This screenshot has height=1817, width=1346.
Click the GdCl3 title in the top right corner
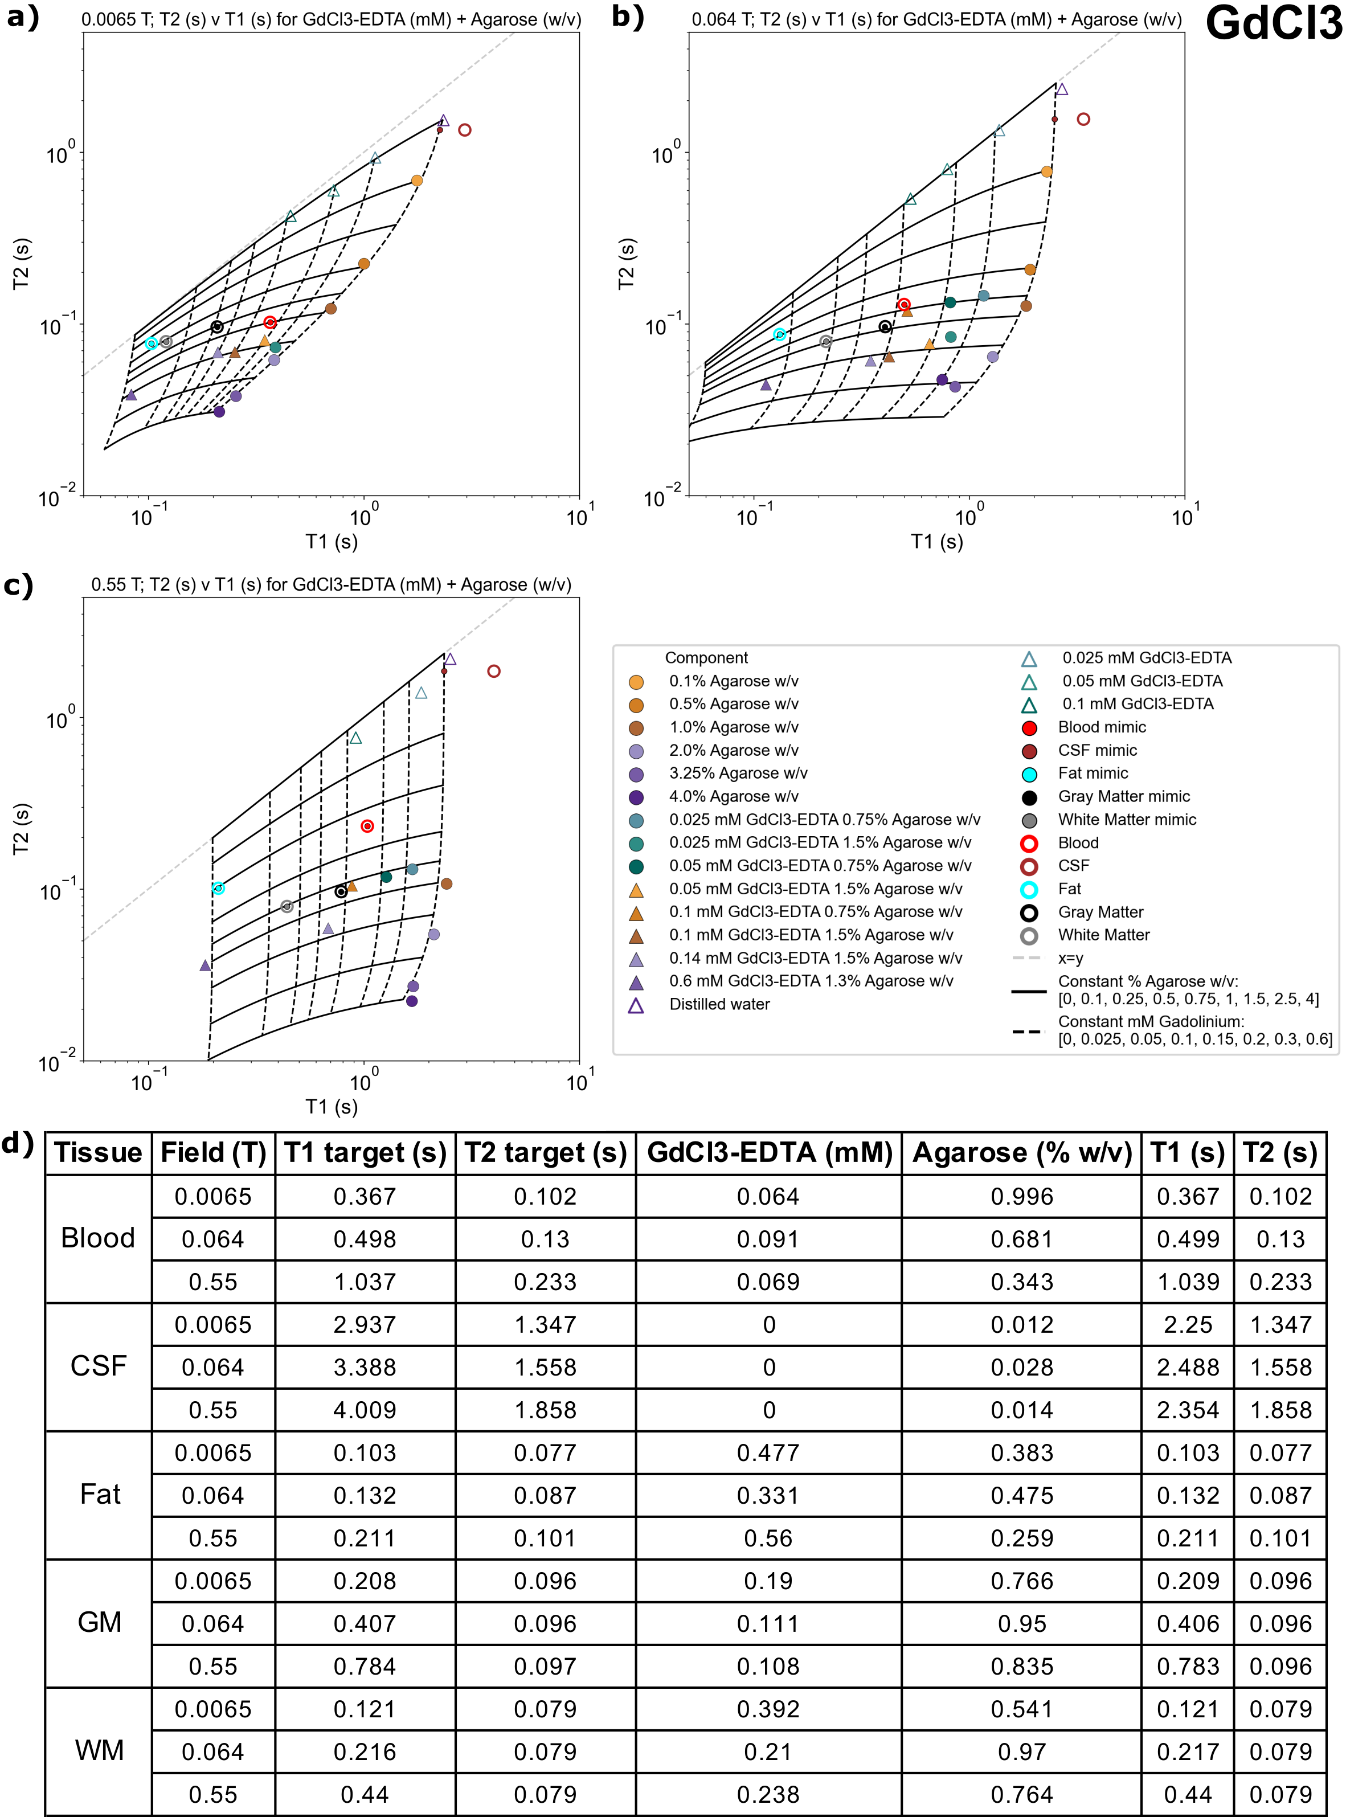1274,23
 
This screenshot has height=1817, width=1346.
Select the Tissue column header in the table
98,1152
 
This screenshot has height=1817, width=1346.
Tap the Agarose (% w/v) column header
1022,1152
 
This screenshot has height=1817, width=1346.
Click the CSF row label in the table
98,1366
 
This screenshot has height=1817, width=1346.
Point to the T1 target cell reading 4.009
364,1410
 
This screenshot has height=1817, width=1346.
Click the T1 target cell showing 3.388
364,1366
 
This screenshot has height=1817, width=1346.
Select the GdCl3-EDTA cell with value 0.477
767,1452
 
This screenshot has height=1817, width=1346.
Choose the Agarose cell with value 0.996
1022,1196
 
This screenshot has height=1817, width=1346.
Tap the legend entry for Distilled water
719,1004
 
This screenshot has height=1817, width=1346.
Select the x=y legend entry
1070,958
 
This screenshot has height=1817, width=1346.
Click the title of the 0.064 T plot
936,19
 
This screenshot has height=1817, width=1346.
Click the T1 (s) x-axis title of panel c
331,1106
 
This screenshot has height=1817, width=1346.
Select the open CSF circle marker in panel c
494,672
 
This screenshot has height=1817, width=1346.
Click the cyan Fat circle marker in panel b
780,335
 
